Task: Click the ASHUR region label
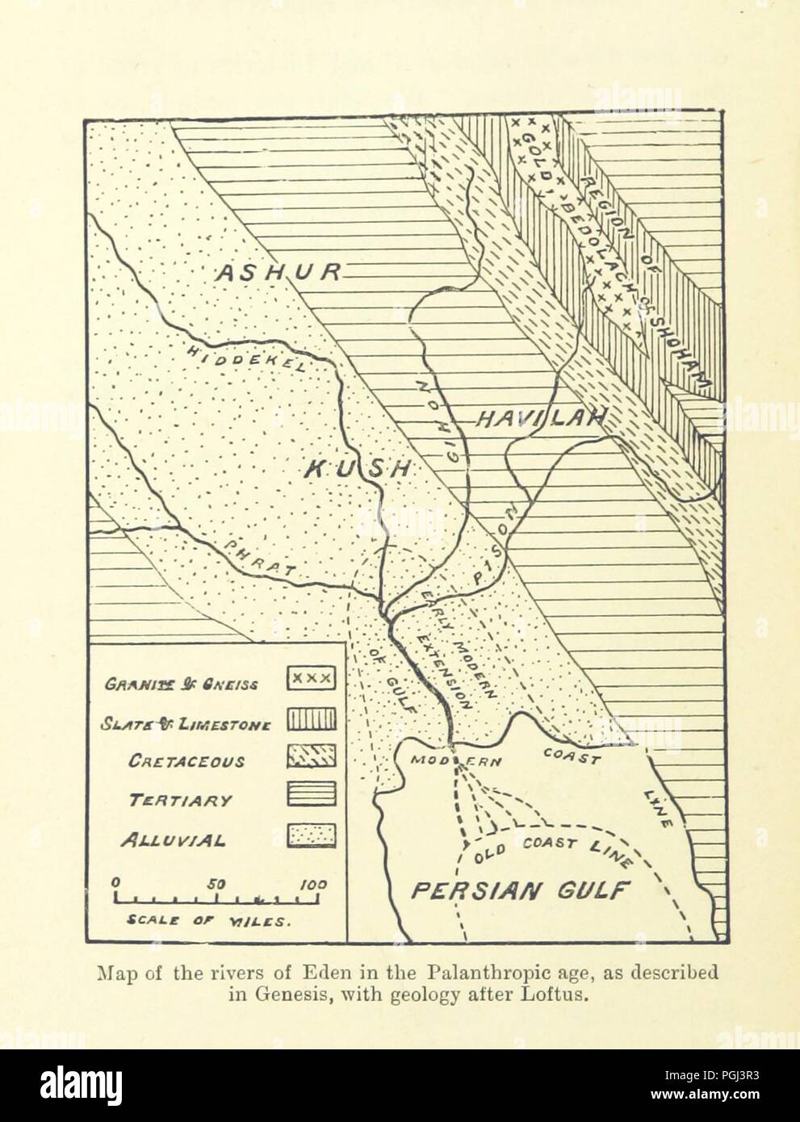point(275,273)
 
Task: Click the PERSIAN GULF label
point(520,890)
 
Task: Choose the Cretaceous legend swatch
point(311,756)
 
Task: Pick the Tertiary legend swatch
point(311,797)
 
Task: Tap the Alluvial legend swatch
point(311,836)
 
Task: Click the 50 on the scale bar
point(217,883)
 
